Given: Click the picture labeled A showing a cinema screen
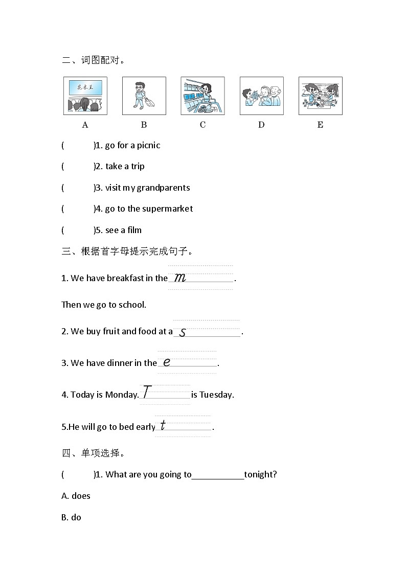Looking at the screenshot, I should point(85,96).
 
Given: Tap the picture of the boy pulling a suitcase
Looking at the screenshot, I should point(144,96).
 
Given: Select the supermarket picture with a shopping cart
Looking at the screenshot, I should point(202,96).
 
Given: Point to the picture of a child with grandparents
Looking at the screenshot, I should point(261,96).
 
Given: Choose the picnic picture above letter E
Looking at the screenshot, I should point(320,96).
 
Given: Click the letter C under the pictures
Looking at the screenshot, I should point(202,125).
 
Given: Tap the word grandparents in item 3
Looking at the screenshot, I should point(164,188).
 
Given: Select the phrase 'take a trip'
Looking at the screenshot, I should point(125,167).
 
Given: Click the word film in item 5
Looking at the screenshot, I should point(134,230).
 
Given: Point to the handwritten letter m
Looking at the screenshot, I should point(180,278).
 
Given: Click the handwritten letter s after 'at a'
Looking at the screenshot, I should point(183,332).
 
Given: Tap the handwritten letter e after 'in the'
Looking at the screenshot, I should point(166,362).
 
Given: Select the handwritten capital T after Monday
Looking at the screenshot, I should point(147,392).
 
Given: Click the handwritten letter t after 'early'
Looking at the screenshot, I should point(163,425).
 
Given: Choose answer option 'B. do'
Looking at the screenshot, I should point(71,517).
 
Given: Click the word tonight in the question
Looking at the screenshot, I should point(260,474).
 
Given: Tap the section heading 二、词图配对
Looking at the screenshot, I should point(93,60).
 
